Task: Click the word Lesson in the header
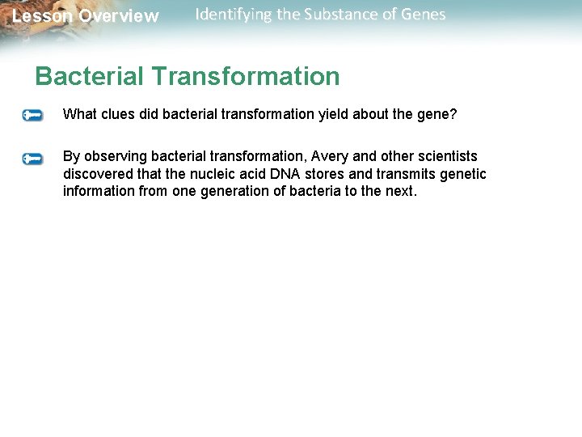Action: point(42,16)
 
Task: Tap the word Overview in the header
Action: point(119,16)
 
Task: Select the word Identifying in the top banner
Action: point(234,15)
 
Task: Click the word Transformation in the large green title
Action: point(245,76)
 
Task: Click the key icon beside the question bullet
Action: point(33,116)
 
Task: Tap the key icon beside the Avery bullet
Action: point(33,158)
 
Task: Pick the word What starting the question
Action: point(80,115)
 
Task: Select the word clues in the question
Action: point(118,115)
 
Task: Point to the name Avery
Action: point(329,156)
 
